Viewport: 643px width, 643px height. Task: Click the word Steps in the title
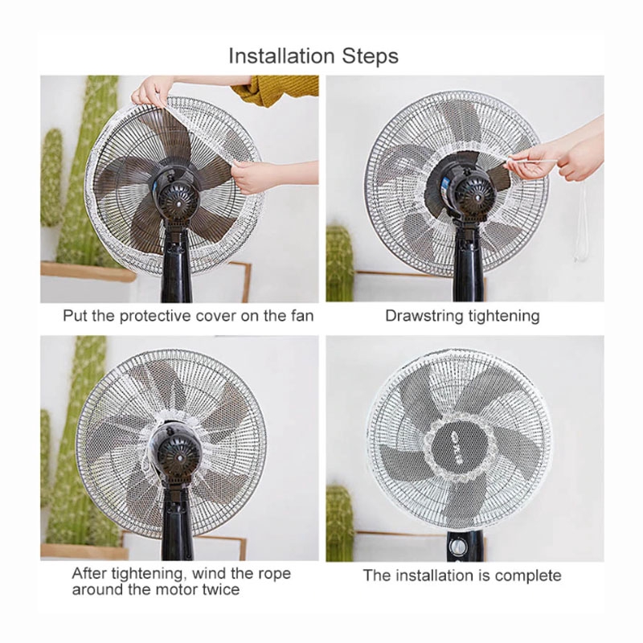[370, 56]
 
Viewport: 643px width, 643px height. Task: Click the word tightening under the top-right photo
[504, 316]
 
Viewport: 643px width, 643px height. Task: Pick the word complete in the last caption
[528, 575]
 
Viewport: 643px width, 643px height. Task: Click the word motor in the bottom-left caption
[177, 589]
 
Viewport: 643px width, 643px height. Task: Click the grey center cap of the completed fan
[456, 450]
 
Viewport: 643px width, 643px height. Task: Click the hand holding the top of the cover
[151, 91]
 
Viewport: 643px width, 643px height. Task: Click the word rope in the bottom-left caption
[275, 574]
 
